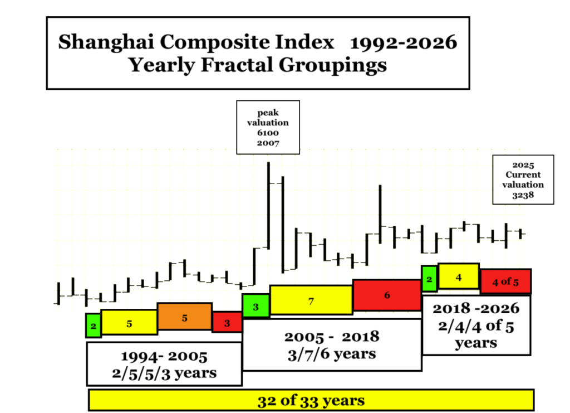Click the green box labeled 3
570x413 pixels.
256,306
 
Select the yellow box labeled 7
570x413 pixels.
311,300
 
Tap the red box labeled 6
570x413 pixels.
387,295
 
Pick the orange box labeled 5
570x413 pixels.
185,317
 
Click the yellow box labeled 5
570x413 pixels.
129,322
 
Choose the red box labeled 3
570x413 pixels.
227,322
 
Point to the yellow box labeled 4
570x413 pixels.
459,276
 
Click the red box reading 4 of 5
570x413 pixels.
505,281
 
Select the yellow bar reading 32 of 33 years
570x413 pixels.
311,400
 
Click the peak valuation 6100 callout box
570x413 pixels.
268,128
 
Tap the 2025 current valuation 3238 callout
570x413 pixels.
523,180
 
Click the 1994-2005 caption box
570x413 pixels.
164,364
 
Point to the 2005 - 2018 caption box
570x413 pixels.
332,345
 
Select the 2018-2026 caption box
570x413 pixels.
476,325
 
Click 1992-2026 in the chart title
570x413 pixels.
404,42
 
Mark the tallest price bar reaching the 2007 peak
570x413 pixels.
269,206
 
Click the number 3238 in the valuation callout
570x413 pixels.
523,195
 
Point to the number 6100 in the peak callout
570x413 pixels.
268,133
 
